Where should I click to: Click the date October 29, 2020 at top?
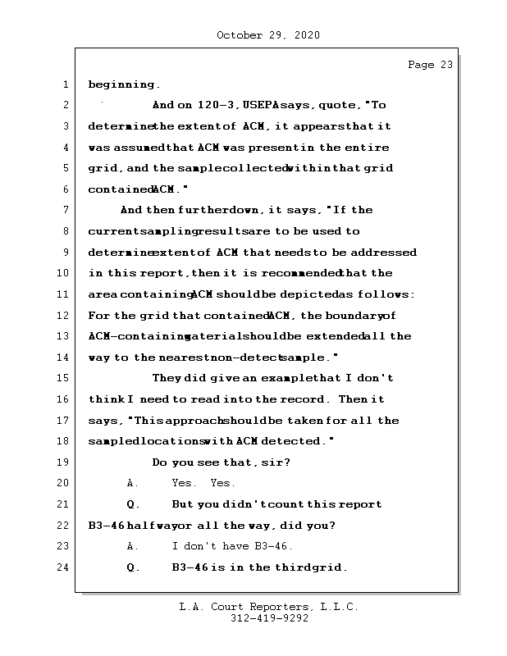click(268, 35)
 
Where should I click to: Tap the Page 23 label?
click(430, 65)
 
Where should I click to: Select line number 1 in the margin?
click(64, 84)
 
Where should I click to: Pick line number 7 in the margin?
click(64, 210)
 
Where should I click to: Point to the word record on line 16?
click(307, 399)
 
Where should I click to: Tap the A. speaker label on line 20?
click(132, 483)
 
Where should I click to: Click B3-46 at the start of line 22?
click(107, 526)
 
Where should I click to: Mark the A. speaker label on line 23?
click(132, 546)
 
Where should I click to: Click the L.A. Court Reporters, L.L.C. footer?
click(268, 607)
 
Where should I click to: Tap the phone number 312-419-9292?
click(268, 619)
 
